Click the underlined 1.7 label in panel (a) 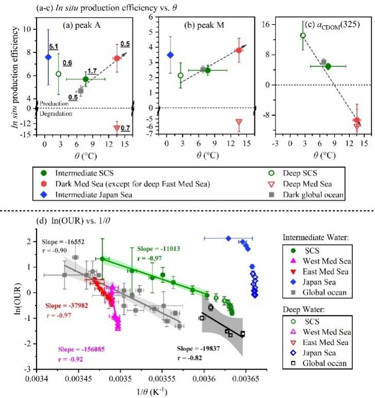(x=94, y=71)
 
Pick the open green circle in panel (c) (x=303, y=36)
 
